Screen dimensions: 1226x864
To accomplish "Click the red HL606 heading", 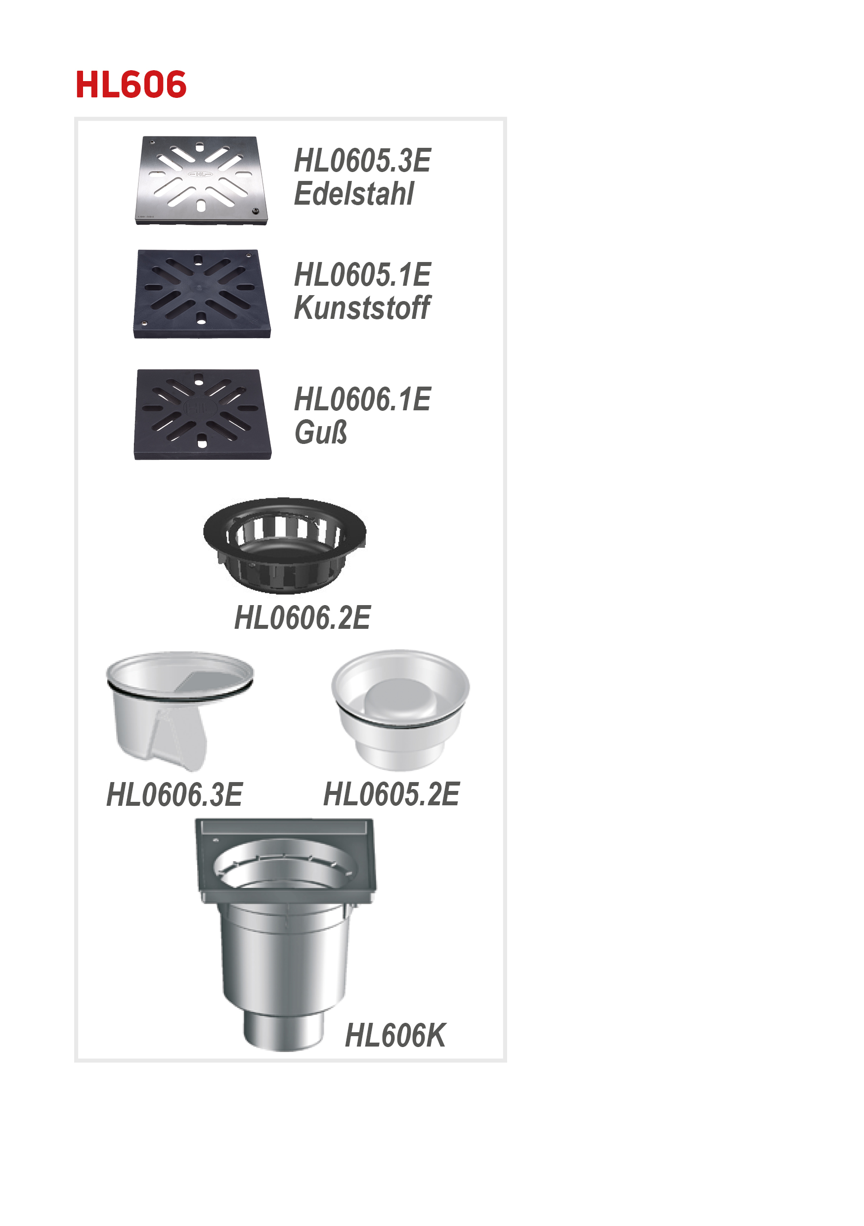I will pyautogui.click(x=131, y=85).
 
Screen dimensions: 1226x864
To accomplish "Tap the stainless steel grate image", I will pyautogui.click(x=201, y=180).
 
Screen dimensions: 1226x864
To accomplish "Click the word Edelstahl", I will pyautogui.click(x=353, y=193).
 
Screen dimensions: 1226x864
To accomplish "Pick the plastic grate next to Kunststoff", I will pyautogui.click(x=201, y=294).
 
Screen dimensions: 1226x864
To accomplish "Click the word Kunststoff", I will pyautogui.click(x=361, y=307).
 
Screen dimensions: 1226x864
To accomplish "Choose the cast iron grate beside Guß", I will pyautogui.click(x=202, y=414).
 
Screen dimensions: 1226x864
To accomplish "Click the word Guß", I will pyautogui.click(x=320, y=432).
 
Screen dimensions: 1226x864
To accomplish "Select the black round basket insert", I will pyautogui.click(x=285, y=545).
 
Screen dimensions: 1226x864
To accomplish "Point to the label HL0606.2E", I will pyautogui.click(x=302, y=618).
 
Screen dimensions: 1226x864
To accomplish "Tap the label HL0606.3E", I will pyautogui.click(x=174, y=794).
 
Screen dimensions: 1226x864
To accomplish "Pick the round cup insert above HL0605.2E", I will pyautogui.click(x=400, y=709).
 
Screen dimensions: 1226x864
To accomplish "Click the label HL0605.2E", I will pyautogui.click(x=391, y=794).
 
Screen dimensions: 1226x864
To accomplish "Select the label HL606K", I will pyautogui.click(x=395, y=1036).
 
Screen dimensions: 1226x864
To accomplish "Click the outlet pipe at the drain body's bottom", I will pyautogui.click(x=284, y=1031).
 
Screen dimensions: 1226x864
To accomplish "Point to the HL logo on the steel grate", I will pyautogui.click(x=200, y=174).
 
